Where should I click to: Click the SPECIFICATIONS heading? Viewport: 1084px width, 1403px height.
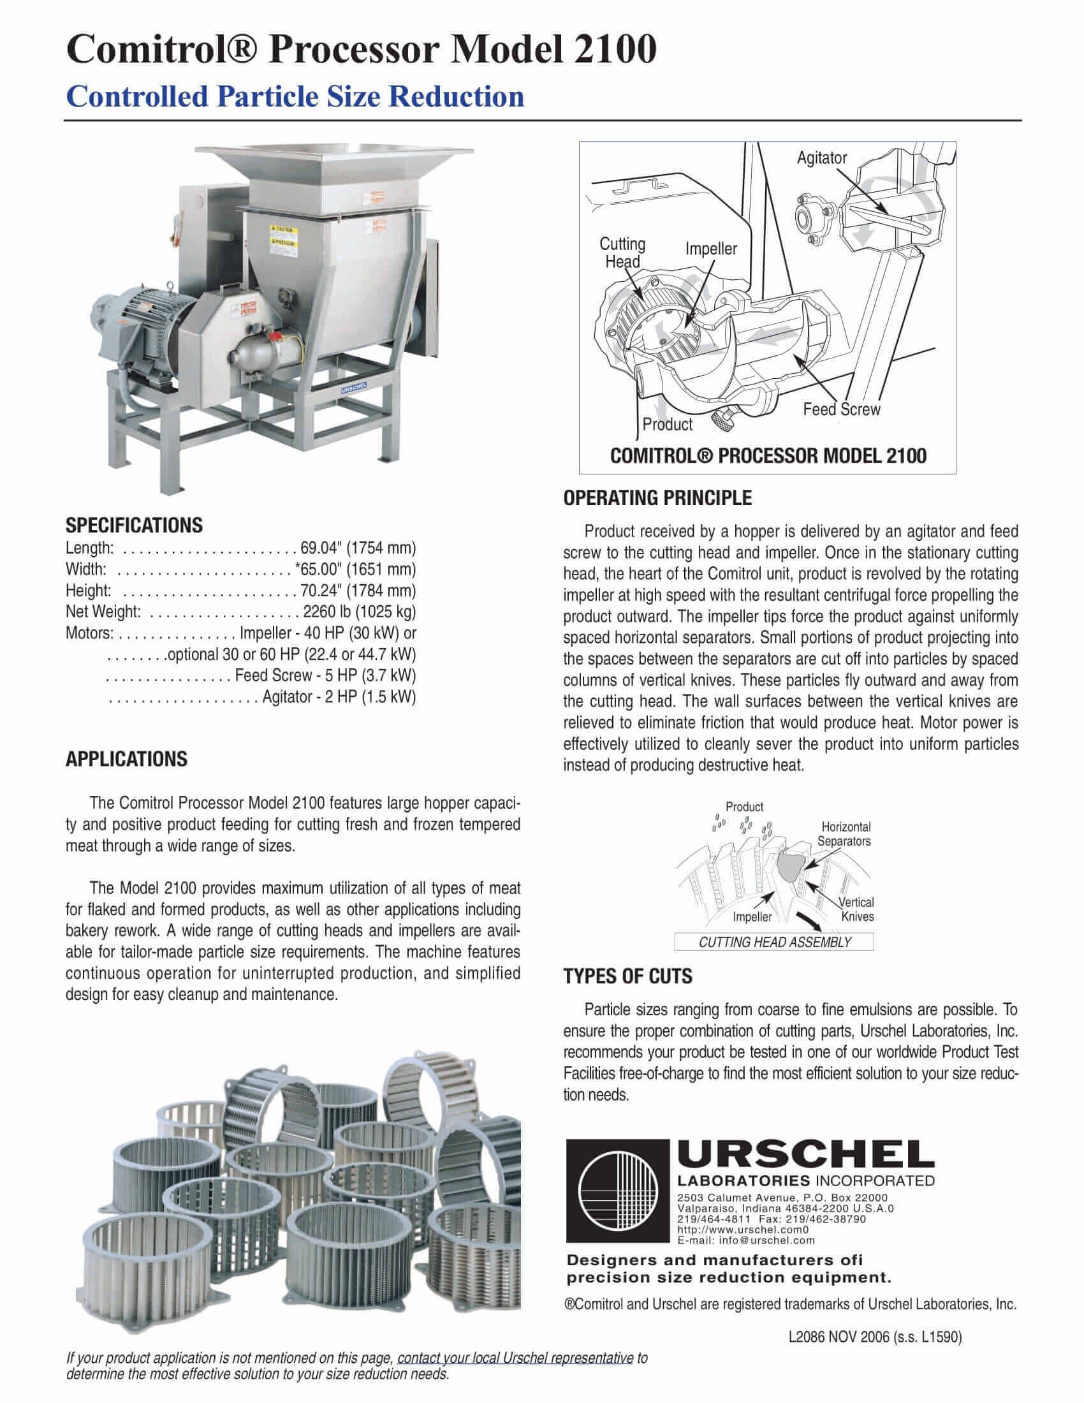click(x=133, y=525)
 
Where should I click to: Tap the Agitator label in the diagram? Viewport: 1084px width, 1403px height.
click(x=821, y=158)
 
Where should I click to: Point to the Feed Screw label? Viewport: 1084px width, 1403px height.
click(x=841, y=409)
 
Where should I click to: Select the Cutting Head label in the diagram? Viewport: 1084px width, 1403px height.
click(x=622, y=253)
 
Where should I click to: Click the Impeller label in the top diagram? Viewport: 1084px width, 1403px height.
click(x=711, y=249)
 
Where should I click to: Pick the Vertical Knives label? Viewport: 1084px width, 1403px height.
click(x=857, y=909)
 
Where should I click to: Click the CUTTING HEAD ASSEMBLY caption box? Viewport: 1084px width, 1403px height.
click(x=774, y=943)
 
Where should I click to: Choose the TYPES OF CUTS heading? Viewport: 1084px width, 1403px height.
click(x=627, y=976)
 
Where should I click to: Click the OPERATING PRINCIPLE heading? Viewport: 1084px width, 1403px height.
click(x=657, y=498)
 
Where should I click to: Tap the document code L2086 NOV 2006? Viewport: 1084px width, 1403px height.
click(x=839, y=1337)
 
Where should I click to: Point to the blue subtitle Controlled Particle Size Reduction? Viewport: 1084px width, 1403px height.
click(x=295, y=97)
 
